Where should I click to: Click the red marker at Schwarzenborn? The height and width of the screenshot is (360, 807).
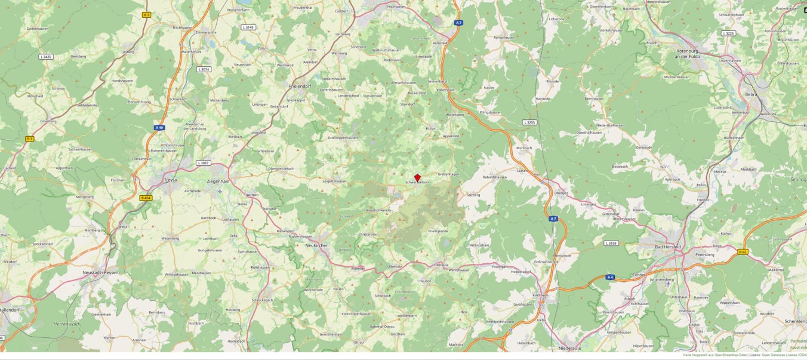(418, 178)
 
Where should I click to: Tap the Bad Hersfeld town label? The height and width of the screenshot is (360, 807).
(667, 247)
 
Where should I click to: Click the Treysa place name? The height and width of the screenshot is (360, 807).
(170, 180)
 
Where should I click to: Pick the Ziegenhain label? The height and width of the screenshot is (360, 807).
(218, 181)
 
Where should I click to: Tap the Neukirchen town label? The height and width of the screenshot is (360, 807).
(317, 245)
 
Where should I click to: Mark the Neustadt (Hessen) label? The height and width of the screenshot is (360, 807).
(101, 272)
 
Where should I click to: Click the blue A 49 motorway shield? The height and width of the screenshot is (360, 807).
(159, 127)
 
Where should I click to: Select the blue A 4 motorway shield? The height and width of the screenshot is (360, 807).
(610, 277)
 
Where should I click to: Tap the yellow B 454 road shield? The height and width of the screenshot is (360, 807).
(146, 198)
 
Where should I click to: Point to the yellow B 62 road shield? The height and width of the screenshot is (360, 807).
(743, 251)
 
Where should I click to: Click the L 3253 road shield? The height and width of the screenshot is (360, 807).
(529, 122)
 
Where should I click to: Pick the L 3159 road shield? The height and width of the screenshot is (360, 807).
(611, 243)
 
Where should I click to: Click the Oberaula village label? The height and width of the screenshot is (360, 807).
(441, 264)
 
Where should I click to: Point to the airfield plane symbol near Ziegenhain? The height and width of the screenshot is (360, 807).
(220, 191)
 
